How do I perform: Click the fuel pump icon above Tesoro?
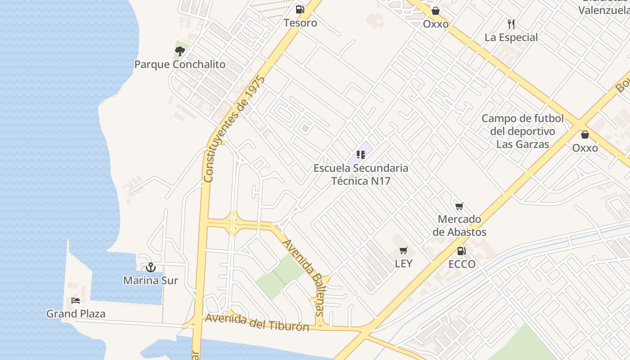(300, 9)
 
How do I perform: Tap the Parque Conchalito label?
(180, 64)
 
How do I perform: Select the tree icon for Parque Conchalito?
(180, 51)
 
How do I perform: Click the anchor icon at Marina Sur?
(151, 267)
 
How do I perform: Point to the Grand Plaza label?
(76, 314)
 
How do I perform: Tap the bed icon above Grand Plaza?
(76, 300)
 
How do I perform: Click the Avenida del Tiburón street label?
(257, 322)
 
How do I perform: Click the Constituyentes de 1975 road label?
(234, 129)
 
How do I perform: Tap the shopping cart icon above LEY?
(404, 251)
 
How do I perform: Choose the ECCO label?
(462, 264)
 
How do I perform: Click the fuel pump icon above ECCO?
(461, 251)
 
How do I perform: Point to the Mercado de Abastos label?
(459, 225)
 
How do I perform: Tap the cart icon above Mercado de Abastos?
(459, 207)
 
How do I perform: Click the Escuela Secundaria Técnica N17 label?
(361, 175)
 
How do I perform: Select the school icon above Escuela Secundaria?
(360, 155)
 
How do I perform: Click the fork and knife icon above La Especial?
(511, 24)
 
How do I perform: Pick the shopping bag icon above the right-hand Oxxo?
(585, 135)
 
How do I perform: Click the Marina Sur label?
(151, 281)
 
